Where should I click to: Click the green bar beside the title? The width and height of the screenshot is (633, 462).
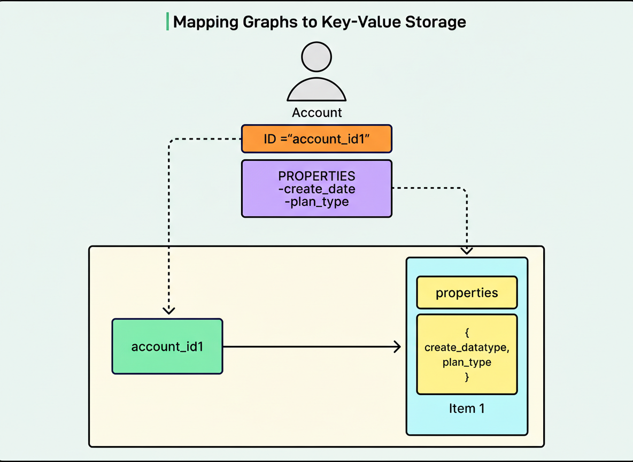click(x=167, y=22)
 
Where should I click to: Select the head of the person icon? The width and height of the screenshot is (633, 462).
click(x=316, y=57)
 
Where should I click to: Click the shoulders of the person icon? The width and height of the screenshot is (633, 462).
click(x=316, y=90)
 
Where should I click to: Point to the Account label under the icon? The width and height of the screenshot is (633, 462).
click(x=316, y=113)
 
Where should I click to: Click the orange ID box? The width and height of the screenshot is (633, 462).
click(x=316, y=139)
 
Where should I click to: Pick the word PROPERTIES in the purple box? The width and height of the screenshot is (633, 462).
click(x=316, y=176)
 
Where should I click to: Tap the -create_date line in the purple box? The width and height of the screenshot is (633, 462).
click(x=319, y=189)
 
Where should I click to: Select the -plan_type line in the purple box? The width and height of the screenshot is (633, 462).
click(x=316, y=202)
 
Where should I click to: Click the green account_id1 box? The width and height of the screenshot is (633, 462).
click(x=167, y=346)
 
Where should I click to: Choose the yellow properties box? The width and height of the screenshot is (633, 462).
click(x=467, y=292)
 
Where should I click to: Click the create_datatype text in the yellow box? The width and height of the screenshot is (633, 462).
click(x=467, y=348)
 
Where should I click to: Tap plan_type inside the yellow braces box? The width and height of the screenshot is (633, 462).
click(x=467, y=362)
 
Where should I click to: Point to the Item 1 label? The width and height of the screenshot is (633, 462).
click(x=467, y=409)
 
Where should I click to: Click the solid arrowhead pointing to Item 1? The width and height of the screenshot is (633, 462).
click(x=397, y=347)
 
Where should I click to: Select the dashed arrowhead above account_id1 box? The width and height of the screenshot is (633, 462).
click(x=169, y=310)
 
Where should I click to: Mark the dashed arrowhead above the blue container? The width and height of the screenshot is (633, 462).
click(x=467, y=249)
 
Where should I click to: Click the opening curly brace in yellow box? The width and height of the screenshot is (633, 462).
click(x=467, y=333)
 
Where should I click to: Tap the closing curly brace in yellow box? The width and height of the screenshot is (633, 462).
click(x=467, y=376)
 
